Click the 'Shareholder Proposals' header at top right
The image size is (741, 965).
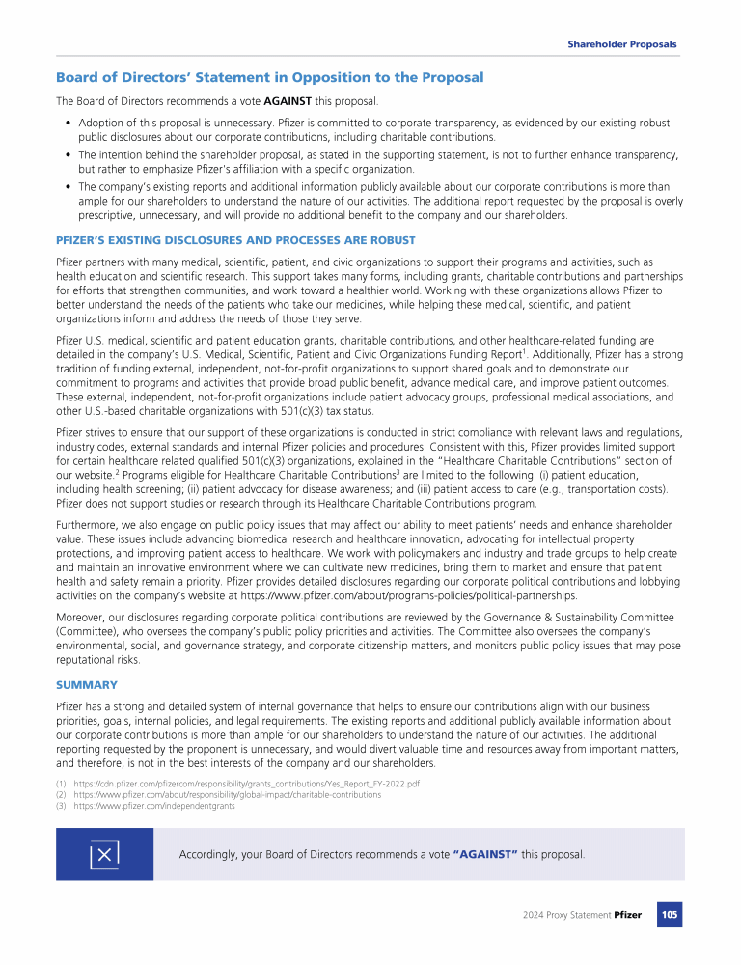[x=621, y=44]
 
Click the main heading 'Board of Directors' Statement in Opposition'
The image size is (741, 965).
[x=270, y=77]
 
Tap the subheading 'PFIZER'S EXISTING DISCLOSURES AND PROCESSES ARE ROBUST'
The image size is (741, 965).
[x=235, y=240]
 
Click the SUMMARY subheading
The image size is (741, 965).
[x=87, y=684]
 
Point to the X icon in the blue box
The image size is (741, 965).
[x=104, y=854]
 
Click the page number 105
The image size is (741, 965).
[x=670, y=914]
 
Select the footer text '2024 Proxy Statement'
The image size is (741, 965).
[x=562, y=914]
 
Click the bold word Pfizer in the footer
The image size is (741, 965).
[x=628, y=914]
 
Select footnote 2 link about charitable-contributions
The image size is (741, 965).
[x=227, y=794]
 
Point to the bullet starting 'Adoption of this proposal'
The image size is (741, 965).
[x=68, y=124]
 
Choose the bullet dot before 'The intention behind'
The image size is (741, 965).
[x=68, y=154]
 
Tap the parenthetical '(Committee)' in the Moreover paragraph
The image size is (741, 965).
[x=90, y=631]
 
